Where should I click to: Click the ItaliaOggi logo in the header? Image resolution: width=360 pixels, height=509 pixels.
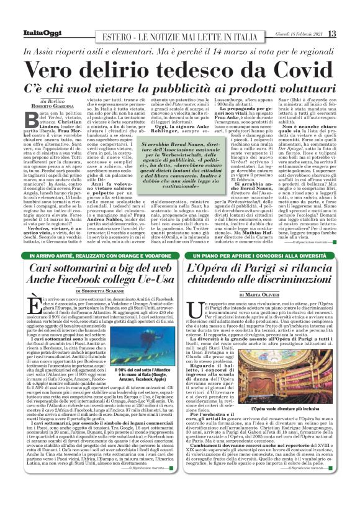pyautogui.click(x=29, y=32)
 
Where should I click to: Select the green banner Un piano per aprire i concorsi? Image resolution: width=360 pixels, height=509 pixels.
pyautogui.click(x=269, y=256)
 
